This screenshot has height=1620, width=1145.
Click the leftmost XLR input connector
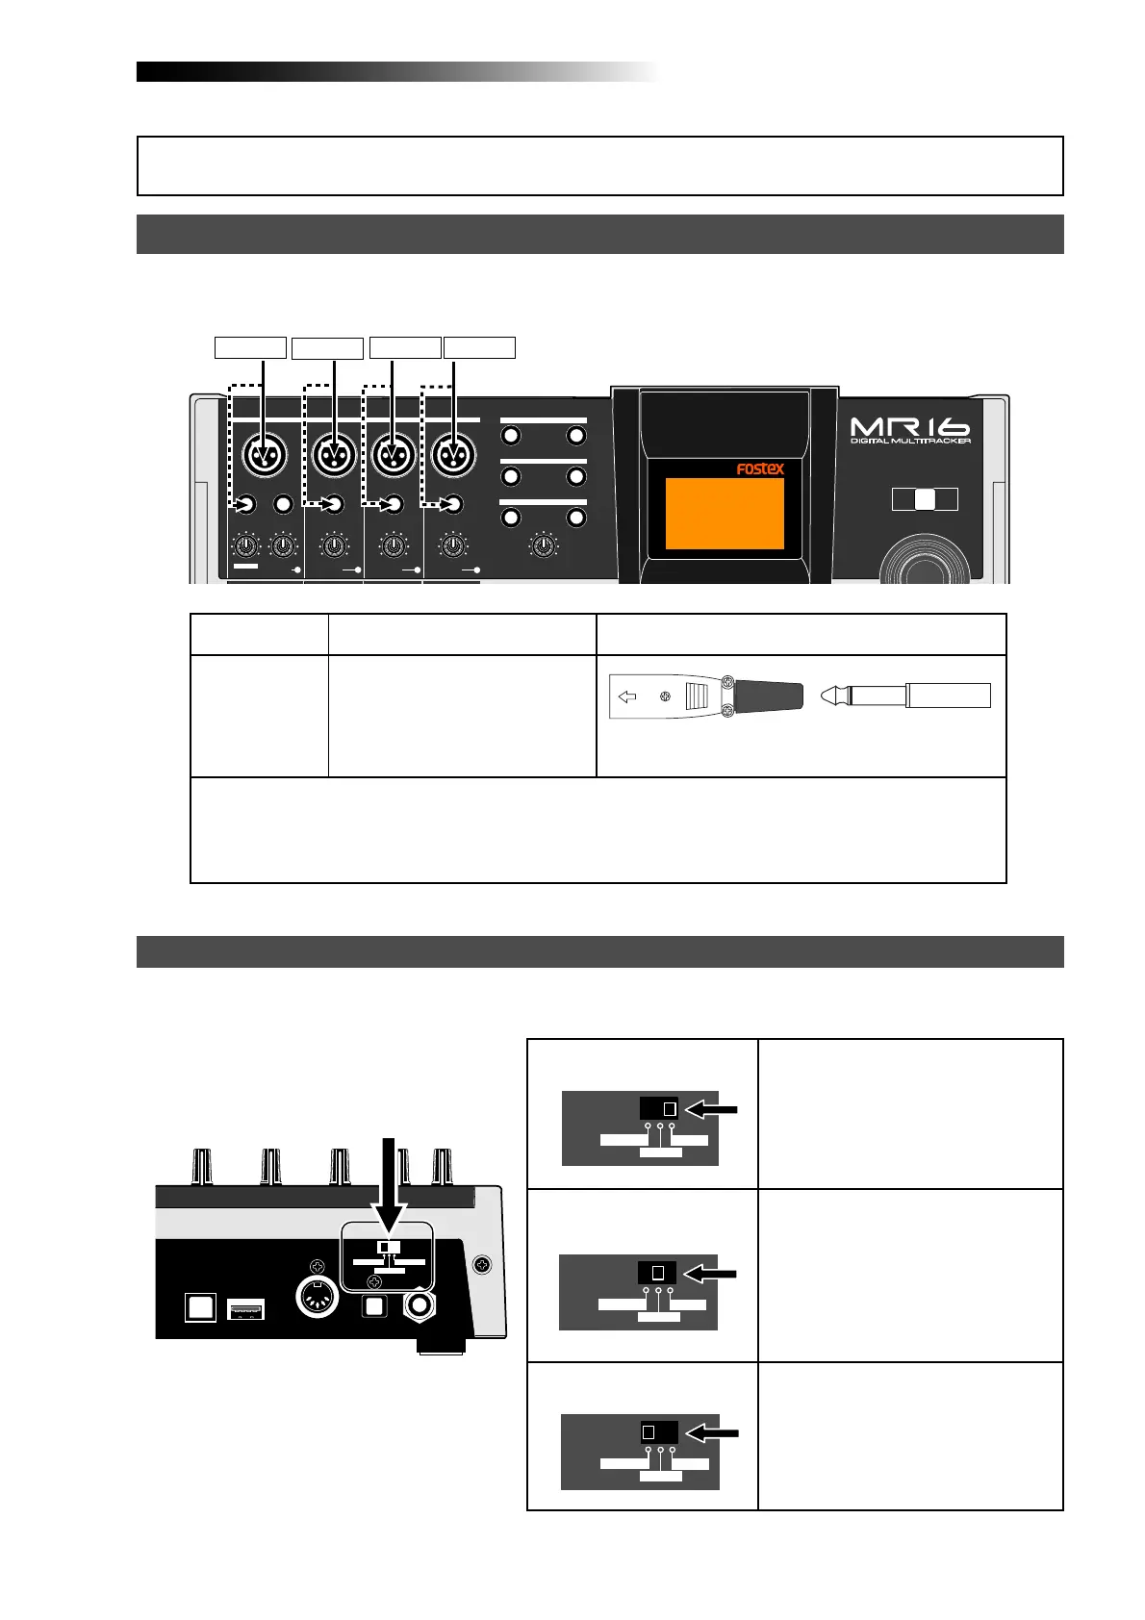click(x=264, y=455)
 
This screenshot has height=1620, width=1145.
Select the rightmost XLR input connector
click(x=453, y=455)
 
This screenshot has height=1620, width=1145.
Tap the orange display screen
click(x=725, y=514)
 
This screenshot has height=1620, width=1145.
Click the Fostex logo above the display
click(x=760, y=469)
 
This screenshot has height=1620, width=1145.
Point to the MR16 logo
click(x=909, y=426)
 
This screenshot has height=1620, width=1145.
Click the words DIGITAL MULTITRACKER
click(x=910, y=442)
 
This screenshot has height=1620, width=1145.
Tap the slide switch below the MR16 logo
click(x=924, y=498)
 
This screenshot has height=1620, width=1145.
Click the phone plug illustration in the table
click(x=904, y=696)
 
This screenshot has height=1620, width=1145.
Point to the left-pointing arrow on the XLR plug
click(x=627, y=697)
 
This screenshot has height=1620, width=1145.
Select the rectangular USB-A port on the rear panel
click(x=245, y=1309)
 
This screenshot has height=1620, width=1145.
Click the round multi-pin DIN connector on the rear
click(x=316, y=1302)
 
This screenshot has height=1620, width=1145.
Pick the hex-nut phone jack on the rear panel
click(x=421, y=1305)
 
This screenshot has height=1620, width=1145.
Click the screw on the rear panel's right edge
click(x=484, y=1263)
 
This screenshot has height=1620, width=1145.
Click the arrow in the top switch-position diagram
click(x=716, y=1109)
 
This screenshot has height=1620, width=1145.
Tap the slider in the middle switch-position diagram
click(x=658, y=1272)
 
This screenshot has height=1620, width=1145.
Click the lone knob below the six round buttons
click(x=544, y=547)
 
